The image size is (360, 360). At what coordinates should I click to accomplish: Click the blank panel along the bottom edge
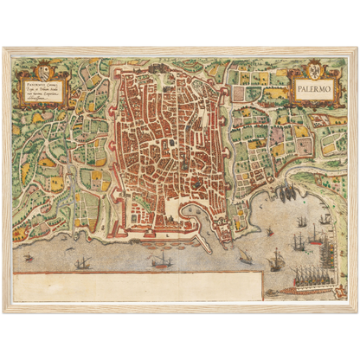[x=138, y=286]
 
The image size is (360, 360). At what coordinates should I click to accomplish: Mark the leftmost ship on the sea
[x=82, y=261]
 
